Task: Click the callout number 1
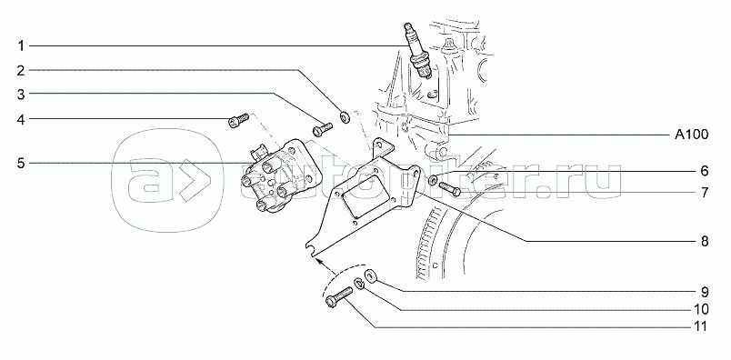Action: click(x=21, y=45)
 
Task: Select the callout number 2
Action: click(x=21, y=70)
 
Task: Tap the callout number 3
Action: click(x=21, y=95)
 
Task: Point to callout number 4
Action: click(x=21, y=120)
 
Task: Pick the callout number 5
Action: click(x=21, y=164)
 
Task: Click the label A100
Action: click(x=691, y=135)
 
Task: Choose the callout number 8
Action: click(x=705, y=242)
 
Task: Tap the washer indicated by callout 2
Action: click(x=345, y=116)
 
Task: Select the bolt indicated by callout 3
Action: click(x=322, y=129)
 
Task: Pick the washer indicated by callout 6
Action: click(x=433, y=180)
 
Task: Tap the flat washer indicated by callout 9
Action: click(x=372, y=275)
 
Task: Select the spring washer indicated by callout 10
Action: click(x=359, y=283)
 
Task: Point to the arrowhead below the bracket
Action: click(x=319, y=260)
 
